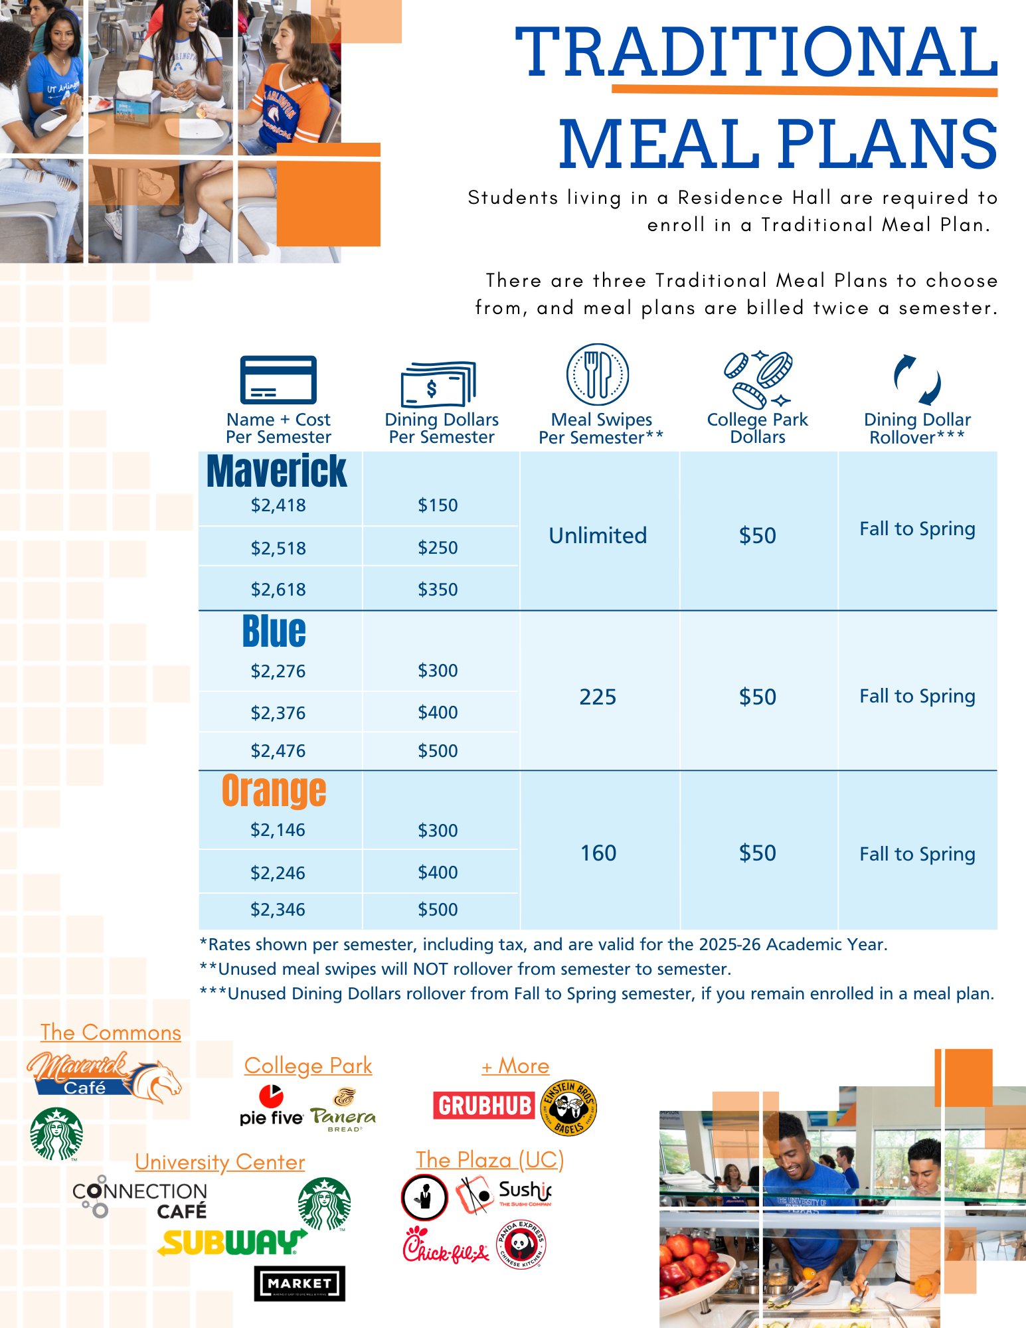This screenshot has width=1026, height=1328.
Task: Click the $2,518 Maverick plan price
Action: [x=278, y=548]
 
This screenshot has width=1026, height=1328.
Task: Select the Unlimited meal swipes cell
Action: [x=598, y=535]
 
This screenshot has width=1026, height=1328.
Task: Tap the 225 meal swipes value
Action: [x=598, y=697]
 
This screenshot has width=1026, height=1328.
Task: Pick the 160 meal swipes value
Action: [x=598, y=853]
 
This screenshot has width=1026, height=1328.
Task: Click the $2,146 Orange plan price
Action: [x=278, y=830]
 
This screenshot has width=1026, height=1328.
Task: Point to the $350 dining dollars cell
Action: [x=438, y=590]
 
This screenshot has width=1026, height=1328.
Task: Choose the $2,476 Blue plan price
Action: [x=278, y=751]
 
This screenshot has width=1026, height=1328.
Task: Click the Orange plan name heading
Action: [x=274, y=791]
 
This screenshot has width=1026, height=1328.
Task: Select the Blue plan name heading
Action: [x=274, y=631]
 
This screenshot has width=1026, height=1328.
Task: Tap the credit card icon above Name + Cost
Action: [x=278, y=380]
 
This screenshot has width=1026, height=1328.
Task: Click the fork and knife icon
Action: [x=598, y=374]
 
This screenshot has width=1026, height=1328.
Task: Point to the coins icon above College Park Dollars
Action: [x=758, y=379]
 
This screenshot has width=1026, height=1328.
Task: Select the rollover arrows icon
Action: [x=917, y=380]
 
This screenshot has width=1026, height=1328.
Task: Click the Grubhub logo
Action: [x=484, y=1106]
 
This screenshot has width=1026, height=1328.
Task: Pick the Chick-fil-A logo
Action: [x=446, y=1245]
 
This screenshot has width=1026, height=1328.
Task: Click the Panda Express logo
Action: [x=521, y=1244]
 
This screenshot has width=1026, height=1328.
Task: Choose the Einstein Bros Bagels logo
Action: [x=569, y=1108]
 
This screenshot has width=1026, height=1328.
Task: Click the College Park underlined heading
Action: [x=308, y=1066]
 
